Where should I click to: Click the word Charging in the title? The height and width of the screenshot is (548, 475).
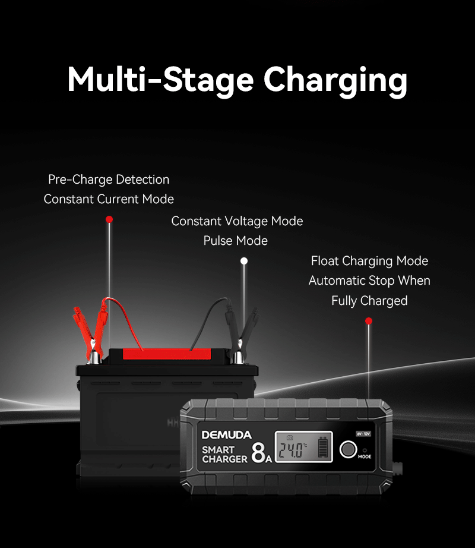click(x=335, y=81)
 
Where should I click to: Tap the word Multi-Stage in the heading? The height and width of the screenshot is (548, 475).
click(x=160, y=80)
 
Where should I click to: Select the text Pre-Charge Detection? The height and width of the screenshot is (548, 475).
click(x=109, y=179)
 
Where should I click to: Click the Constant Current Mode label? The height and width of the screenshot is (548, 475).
click(x=109, y=199)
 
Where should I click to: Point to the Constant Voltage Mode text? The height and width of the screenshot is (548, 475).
click(x=237, y=221)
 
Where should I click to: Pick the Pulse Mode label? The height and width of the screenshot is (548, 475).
click(x=236, y=241)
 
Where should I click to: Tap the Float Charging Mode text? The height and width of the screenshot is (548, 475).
click(x=369, y=261)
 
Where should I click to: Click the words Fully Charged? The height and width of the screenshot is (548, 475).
click(x=369, y=301)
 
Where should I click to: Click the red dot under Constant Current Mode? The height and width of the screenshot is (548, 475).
click(x=109, y=219)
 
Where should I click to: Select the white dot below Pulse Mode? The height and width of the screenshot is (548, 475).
click(x=244, y=261)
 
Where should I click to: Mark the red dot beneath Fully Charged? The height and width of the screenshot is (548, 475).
click(x=369, y=321)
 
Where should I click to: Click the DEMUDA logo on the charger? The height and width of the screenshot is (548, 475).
click(x=226, y=434)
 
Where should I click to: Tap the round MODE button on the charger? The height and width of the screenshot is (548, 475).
click(x=349, y=449)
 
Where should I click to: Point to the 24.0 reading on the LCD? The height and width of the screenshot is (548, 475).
click(x=293, y=450)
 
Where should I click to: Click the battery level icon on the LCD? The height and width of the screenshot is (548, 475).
click(x=323, y=447)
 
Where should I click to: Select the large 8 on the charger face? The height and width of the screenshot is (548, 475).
click(x=258, y=452)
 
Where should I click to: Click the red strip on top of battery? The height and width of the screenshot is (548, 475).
click(x=167, y=354)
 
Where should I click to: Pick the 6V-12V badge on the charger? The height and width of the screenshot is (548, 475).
click(x=363, y=434)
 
